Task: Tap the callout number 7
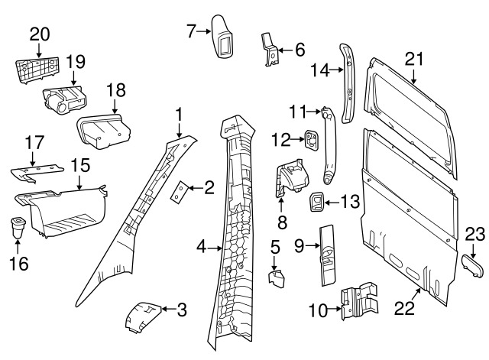click(x=192, y=31)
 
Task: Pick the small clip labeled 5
click(x=276, y=275)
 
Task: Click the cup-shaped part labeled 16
click(x=18, y=227)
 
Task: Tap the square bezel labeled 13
click(x=314, y=203)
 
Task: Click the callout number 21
click(x=413, y=57)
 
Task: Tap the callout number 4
click(x=201, y=247)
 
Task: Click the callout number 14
click(x=319, y=70)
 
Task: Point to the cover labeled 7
click(x=225, y=37)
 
